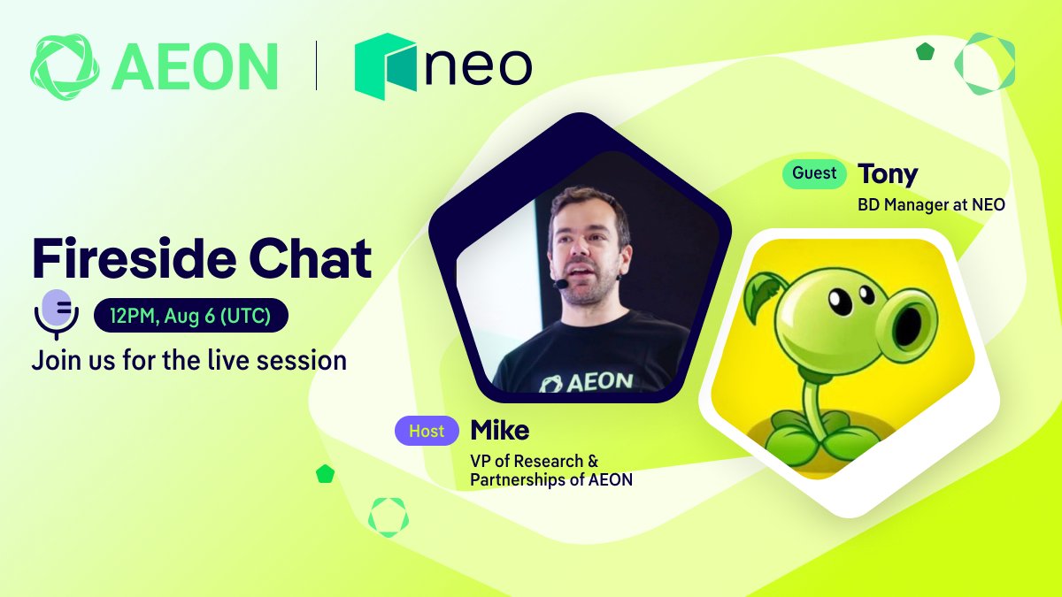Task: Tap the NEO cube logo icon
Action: [x=386, y=66]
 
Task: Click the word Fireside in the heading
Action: [x=134, y=258]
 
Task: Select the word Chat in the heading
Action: [x=310, y=258]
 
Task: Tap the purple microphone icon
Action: [x=57, y=314]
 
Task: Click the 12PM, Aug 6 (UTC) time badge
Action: [x=190, y=315]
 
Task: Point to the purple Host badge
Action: [x=427, y=431]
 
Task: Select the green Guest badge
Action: [x=814, y=173]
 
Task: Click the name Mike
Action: [x=500, y=430]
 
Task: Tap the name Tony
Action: [x=888, y=175]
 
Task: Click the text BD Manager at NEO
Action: [x=931, y=204]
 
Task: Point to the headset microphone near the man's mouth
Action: [x=561, y=284]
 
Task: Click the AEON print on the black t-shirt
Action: [x=586, y=382]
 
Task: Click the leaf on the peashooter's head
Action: [x=764, y=293]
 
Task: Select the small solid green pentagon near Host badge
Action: [x=326, y=474]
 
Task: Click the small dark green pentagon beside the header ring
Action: [x=925, y=51]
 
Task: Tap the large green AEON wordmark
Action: [x=195, y=66]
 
